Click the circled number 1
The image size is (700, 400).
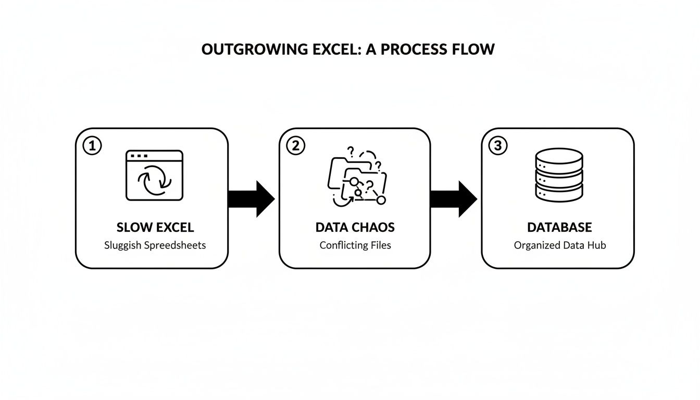pyautogui.click(x=92, y=146)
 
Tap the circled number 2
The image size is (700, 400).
pyautogui.click(x=295, y=146)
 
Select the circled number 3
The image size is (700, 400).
pyautogui.click(x=498, y=146)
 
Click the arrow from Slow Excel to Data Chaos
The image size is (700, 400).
pyautogui.click(x=252, y=198)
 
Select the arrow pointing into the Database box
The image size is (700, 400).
pyautogui.click(x=454, y=198)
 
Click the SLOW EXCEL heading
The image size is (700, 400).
pyautogui.click(x=155, y=228)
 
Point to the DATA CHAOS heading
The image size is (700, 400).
pyautogui.click(x=355, y=228)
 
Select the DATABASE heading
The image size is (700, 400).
pyautogui.click(x=559, y=228)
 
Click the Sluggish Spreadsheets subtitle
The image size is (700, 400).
pyautogui.click(x=155, y=245)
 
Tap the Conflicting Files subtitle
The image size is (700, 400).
pyautogui.click(x=355, y=245)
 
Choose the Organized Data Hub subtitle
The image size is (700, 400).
pyautogui.click(x=559, y=245)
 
